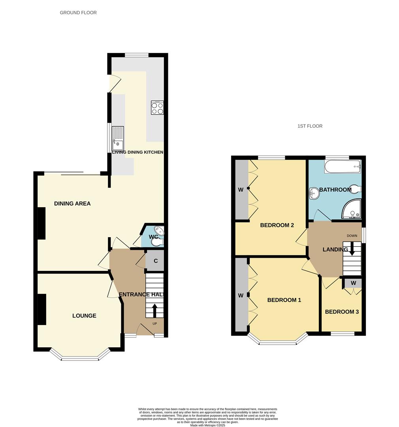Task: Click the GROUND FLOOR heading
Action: coord(78,13)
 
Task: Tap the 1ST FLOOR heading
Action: coord(310,126)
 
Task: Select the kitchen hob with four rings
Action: coord(157,108)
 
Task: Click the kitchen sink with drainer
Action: coord(118,138)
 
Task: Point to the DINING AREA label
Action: coord(72,204)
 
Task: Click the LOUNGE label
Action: coord(84,316)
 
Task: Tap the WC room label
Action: coord(153,237)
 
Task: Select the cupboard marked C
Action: coord(156,261)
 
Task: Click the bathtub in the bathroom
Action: coord(343,167)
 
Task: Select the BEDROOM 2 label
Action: coord(277,225)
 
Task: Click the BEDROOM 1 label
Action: coord(284,300)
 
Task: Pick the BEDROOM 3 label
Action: coord(342,312)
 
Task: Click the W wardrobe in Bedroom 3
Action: coord(353,283)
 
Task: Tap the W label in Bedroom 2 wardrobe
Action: coord(241,190)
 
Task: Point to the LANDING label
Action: coord(335,249)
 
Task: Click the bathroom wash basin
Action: coord(314,193)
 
